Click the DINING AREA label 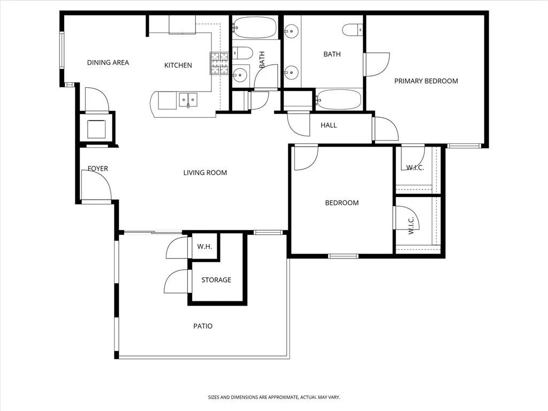(108, 63)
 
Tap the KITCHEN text (178, 65)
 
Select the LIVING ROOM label (205, 172)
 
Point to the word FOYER (98, 169)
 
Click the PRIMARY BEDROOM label (426, 81)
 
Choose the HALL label (329, 125)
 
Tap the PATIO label (203, 326)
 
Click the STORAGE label (216, 280)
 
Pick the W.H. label (204, 247)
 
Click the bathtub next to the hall (339, 99)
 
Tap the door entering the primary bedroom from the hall (386, 129)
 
